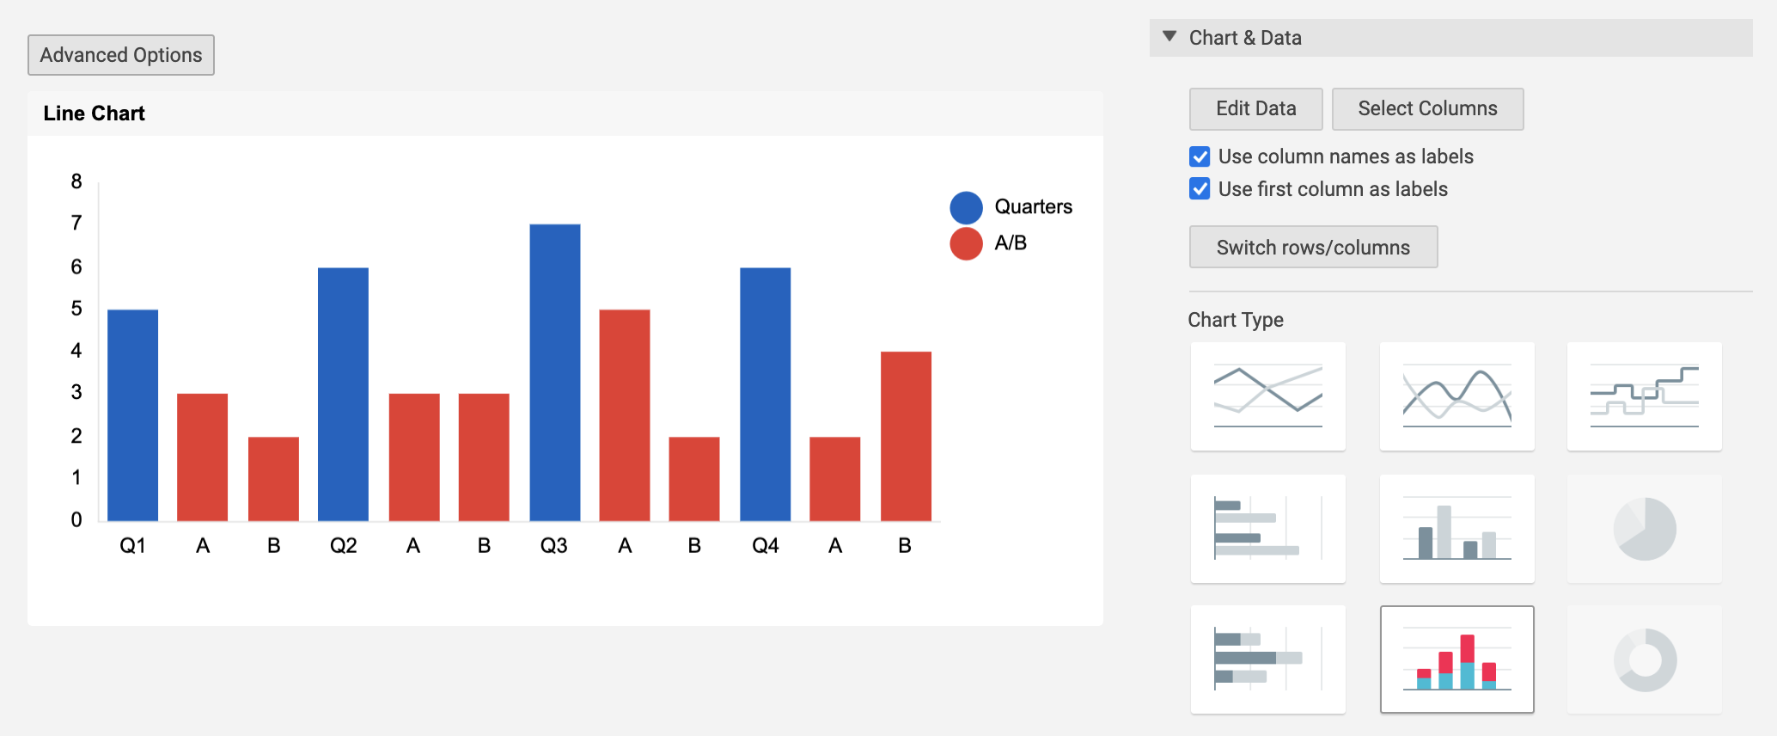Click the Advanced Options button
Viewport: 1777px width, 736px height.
121,55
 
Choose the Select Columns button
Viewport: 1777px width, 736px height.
1427,109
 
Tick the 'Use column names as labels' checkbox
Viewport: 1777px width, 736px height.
1200,156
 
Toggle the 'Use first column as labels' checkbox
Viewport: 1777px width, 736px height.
1200,189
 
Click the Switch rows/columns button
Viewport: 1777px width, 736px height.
1313,248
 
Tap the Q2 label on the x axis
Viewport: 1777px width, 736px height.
344,546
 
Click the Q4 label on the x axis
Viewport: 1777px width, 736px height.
766,546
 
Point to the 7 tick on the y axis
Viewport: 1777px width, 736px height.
76,224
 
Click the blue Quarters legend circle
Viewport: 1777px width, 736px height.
966,208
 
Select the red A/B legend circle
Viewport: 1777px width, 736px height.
966,243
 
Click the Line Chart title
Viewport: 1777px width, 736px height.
95,113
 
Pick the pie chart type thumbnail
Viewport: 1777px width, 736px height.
1645,529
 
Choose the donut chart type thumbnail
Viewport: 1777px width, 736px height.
1645,660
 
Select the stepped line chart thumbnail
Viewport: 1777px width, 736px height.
1645,396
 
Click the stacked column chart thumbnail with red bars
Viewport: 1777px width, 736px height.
1457,660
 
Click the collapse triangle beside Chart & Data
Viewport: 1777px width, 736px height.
1169,37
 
